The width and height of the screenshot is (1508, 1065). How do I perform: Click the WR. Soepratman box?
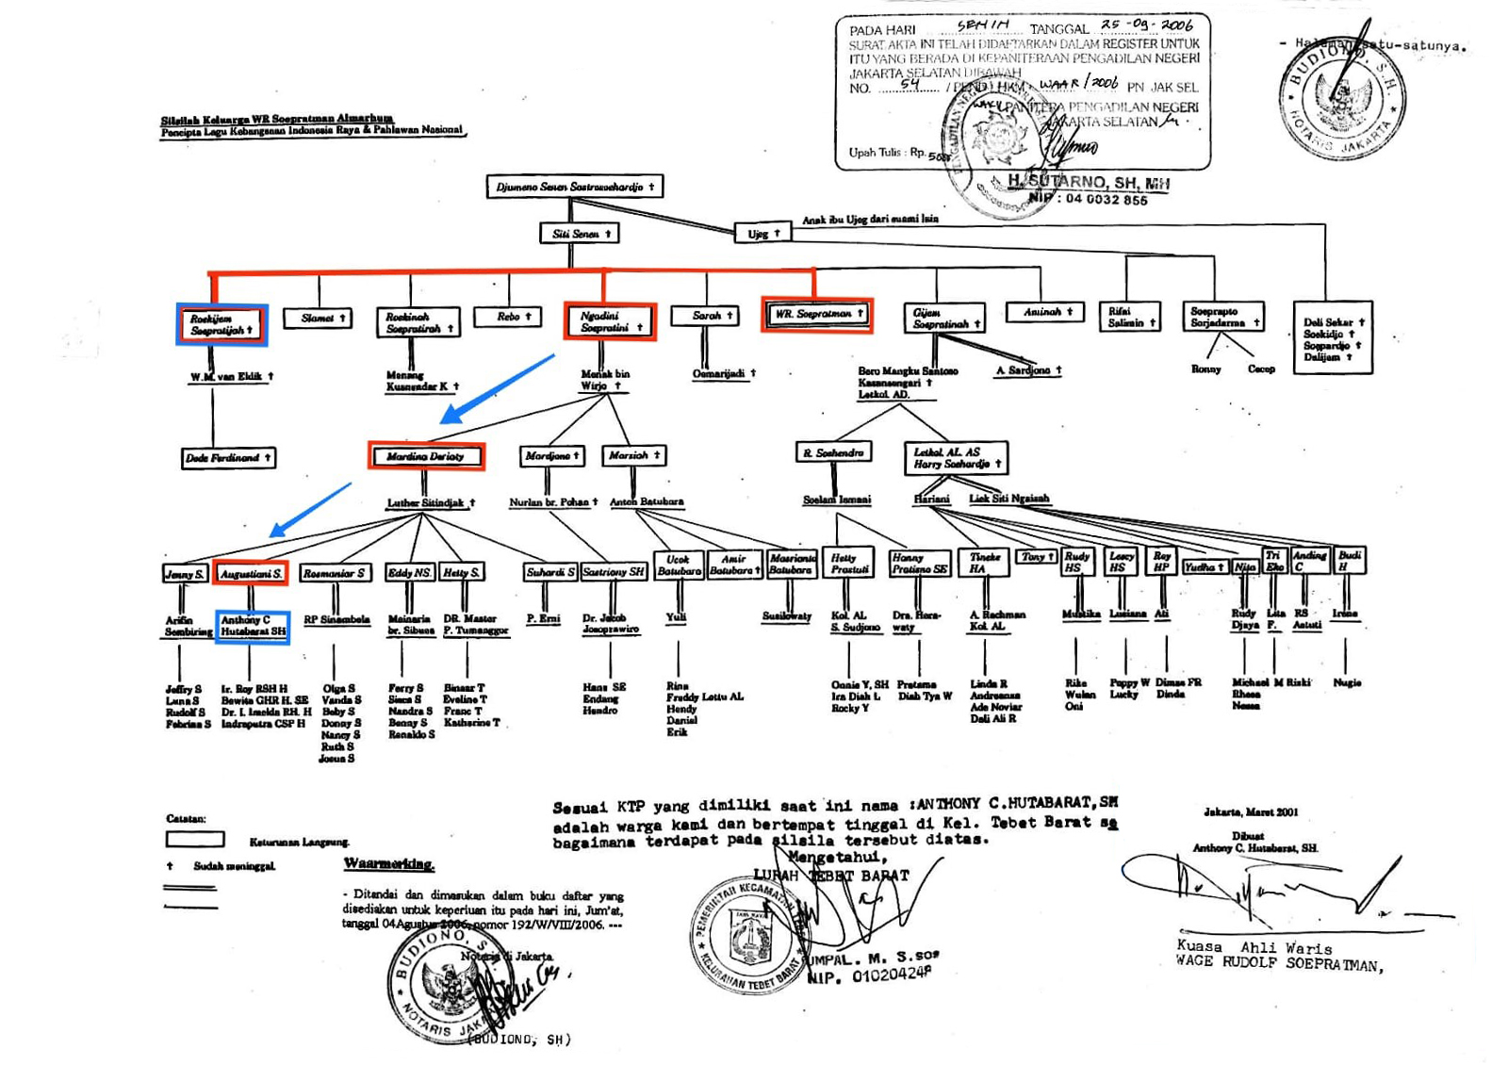[816, 315]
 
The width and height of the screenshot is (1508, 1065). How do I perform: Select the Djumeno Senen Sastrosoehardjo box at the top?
[574, 187]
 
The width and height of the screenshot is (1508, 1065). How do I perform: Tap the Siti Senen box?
[580, 233]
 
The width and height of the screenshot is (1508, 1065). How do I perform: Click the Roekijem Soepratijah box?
[221, 325]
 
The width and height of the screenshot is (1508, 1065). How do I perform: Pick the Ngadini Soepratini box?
[609, 321]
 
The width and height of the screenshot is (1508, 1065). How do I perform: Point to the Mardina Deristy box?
[426, 457]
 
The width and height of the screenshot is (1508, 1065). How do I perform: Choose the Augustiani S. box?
[250, 573]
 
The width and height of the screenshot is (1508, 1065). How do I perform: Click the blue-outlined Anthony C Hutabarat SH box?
[252, 627]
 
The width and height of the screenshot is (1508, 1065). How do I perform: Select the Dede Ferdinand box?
[228, 458]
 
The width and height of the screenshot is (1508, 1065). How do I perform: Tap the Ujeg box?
[762, 232]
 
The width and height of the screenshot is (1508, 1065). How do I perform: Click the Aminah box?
[1045, 312]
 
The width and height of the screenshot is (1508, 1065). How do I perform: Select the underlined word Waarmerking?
[388, 863]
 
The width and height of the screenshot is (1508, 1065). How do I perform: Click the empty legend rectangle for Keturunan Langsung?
[195, 839]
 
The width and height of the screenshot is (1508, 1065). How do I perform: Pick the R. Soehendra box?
[833, 453]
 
